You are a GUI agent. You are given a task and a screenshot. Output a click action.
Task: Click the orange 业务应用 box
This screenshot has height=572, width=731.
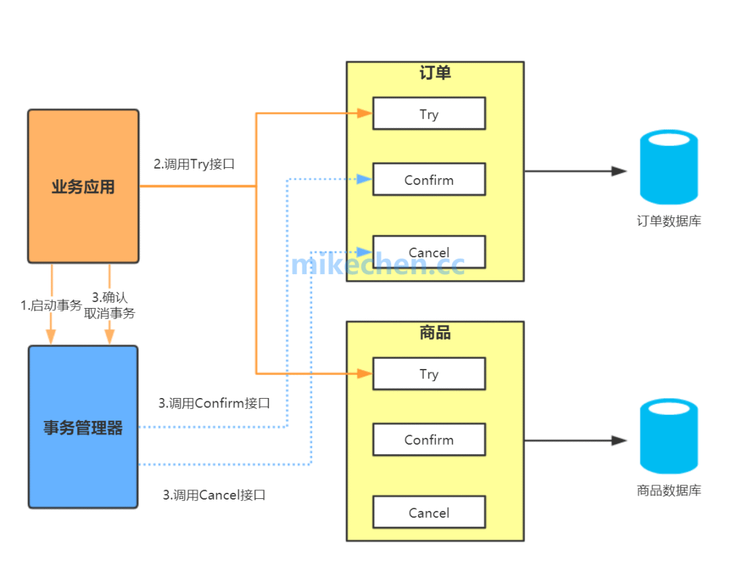tap(83, 186)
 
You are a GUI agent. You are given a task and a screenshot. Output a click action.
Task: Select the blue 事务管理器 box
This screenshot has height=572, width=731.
tap(83, 427)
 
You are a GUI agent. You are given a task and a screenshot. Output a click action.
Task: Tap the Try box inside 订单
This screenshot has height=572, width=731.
tap(429, 114)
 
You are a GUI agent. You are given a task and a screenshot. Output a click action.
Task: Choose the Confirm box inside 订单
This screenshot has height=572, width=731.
tap(429, 179)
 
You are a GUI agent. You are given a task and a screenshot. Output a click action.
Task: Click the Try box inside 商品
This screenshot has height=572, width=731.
tap(429, 374)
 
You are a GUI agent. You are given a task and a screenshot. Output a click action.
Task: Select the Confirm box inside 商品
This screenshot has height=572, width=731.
tap(429, 439)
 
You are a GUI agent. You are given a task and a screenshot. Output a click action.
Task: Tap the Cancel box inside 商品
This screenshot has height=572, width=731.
tap(429, 512)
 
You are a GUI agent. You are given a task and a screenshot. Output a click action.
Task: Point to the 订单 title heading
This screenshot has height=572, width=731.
tap(435, 73)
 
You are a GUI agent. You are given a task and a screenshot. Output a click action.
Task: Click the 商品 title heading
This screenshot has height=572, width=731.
tap(435, 332)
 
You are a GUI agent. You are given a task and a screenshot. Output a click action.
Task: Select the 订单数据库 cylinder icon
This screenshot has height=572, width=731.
tap(669, 167)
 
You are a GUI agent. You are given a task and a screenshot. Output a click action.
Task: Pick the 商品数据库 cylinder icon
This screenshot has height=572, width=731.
tap(669, 436)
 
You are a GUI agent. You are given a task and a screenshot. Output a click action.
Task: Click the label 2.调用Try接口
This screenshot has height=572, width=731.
tap(194, 164)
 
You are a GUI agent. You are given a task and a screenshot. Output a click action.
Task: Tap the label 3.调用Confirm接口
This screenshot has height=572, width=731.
tap(215, 403)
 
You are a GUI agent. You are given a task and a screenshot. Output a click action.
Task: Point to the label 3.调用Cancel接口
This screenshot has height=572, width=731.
tap(214, 495)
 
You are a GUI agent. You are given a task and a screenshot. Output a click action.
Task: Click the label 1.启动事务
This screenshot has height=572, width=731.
tap(51, 305)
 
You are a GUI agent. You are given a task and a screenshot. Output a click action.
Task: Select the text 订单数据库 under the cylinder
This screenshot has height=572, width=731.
tap(669, 221)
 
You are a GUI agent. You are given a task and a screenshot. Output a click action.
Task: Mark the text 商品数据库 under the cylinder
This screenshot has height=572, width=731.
tap(669, 491)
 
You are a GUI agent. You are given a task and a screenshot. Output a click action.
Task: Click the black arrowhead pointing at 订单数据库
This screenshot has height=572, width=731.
tap(619, 171)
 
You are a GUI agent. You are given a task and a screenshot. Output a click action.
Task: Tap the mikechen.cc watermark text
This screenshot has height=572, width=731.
tap(378, 264)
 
